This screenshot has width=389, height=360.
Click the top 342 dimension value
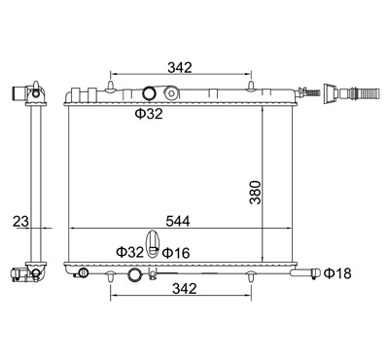[x=180, y=67]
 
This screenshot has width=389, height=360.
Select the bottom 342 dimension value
[x=185, y=288]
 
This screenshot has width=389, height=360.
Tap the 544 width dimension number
[x=178, y=221]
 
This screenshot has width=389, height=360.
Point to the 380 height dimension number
[x=255, y=193]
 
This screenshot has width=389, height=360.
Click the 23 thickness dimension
[x=20, y=222]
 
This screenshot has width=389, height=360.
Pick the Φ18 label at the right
[x=337, y=273]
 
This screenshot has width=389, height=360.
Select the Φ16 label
[x=176, y=253]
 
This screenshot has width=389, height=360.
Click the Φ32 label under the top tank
[x=149, y=114]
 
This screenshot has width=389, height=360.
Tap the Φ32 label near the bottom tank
[x=129, y=252]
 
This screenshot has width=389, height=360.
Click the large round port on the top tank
[x=150, y=93]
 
